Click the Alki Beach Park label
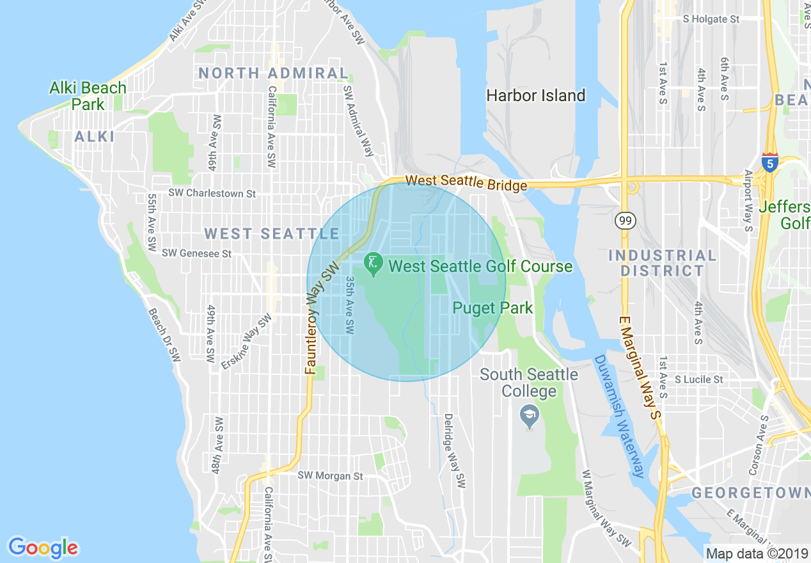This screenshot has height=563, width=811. [x=88, y=96]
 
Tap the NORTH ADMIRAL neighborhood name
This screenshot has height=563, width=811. [x=273, y=73]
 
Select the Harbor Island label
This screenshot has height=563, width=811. [x=535, y=96]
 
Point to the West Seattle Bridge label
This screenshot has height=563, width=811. [x=466, y=182]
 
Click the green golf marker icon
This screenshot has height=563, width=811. [x=372, y=262]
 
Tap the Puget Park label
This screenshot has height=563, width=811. [x=492, y=308]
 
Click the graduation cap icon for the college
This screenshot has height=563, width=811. [x=530, y=416]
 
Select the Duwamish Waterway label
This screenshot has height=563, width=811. [x=618, y=416]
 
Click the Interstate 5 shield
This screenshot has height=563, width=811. [x=770, y=163]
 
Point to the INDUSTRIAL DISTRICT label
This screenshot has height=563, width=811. [x=662, y=263]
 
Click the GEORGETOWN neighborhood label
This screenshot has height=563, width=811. [x=750, y=493]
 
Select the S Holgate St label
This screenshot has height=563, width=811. [x=711, y=19]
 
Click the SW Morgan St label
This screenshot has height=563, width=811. [x=330, y=476]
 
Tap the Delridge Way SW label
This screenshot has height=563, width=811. [x=453, y=451]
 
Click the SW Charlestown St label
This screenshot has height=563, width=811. [x=212, y=193]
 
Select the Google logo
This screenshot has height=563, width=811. [x=43, y=548]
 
